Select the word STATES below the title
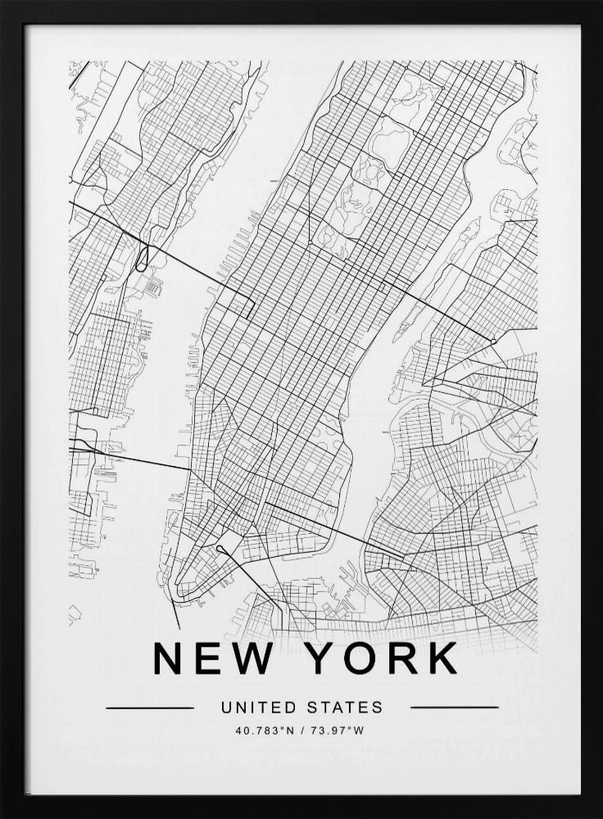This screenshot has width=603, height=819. [x=345, y=707]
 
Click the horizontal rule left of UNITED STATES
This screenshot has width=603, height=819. [x=150, y=707]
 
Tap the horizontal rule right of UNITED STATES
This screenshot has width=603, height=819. [x=454, y=707]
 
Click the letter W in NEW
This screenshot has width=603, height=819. [x=256, y=658]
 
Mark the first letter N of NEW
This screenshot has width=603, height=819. [x=170, y=658]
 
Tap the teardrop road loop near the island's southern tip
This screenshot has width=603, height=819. [x=223, y=547]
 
